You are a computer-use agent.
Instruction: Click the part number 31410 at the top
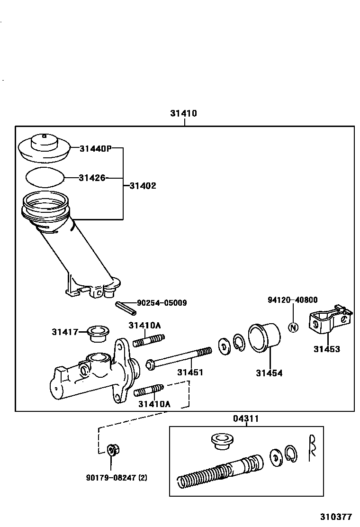184,114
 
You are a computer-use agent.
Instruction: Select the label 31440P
95,148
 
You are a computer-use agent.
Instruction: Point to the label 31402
143,186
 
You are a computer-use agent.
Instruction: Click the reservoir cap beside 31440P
44,146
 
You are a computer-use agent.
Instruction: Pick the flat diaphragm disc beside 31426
45,178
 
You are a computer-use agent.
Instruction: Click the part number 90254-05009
162,302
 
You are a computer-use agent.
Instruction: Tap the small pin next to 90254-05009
126,307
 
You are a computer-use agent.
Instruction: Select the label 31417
64,332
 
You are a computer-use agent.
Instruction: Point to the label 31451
190,373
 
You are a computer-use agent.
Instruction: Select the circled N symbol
293,327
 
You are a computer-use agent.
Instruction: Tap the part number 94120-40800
292,300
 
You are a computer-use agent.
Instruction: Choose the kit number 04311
246,418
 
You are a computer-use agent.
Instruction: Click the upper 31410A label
144,325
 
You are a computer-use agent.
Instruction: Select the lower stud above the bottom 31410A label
149,391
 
